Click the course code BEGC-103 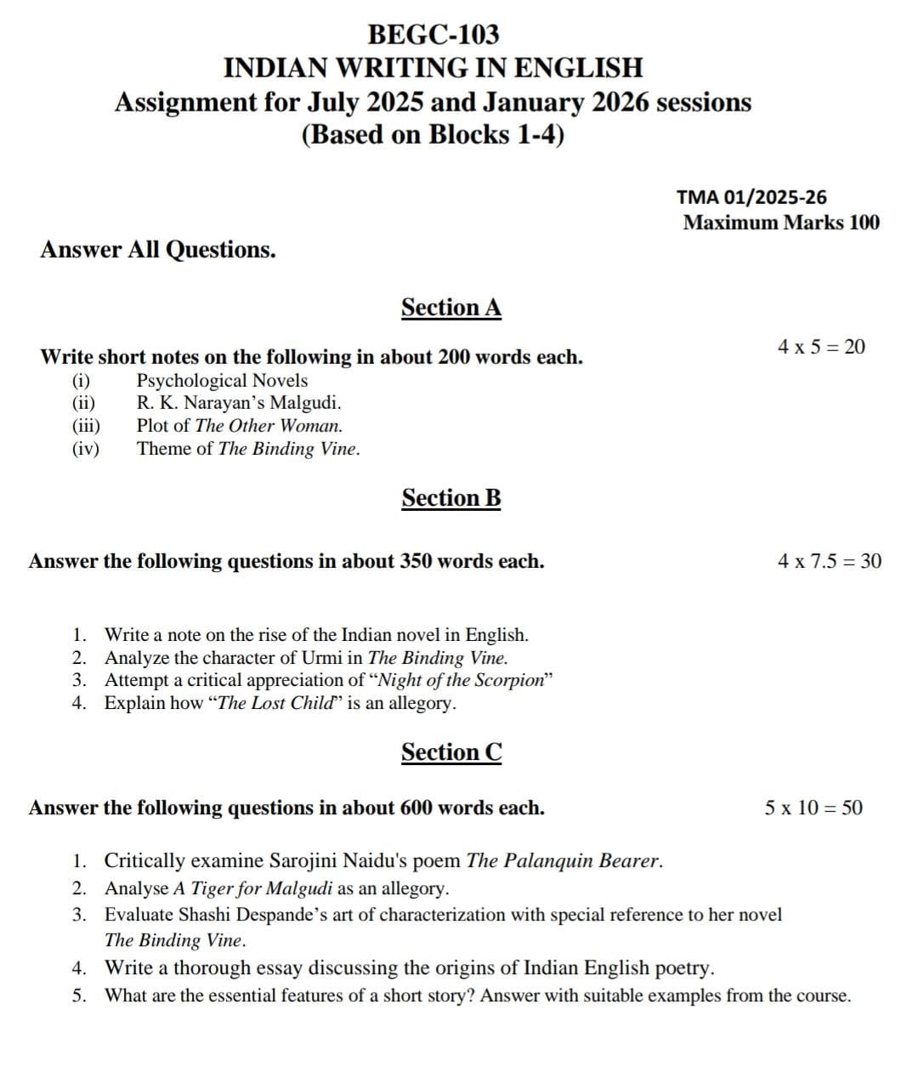tap(433, 35)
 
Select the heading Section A tap(451, 307)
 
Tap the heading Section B tap(451, 497)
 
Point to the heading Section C tap(451, 752)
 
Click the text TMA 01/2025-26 tap(751, 197)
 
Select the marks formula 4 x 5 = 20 tap(821, 347)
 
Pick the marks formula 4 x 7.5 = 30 tap(829, 561)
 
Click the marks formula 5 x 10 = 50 tap(813, 808)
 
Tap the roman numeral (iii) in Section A tap(85, 426)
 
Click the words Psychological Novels tap(222, 381)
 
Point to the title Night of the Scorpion tap(461, 680)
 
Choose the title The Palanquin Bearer tap(564, 860)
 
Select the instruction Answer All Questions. tap(158, 250)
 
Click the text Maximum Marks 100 tap(781, 223)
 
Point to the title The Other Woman tap(268, 426)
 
